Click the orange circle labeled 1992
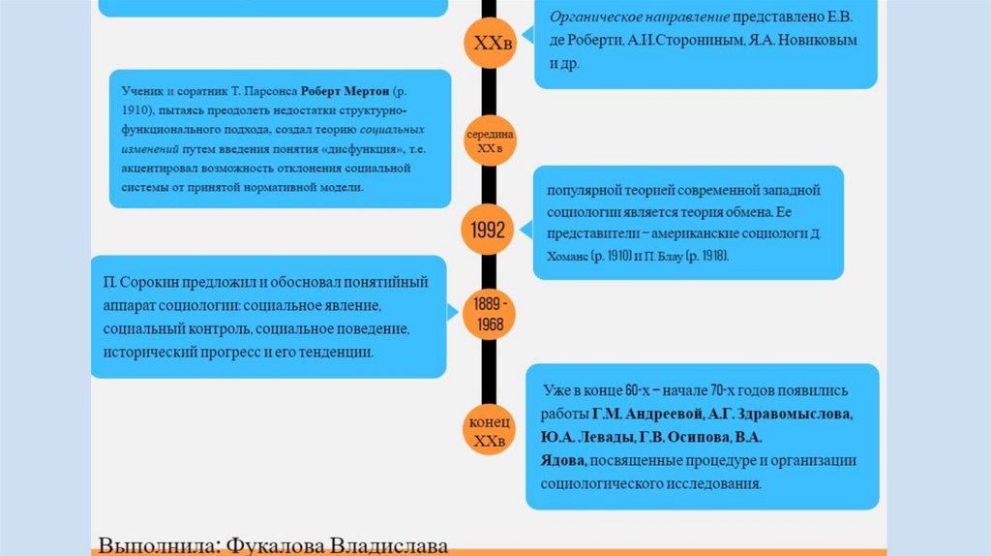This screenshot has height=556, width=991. (489, 230)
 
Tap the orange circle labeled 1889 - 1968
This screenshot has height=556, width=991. (489, 314)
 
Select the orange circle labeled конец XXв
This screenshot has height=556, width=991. (489, 433)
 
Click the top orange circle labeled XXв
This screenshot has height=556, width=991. (489, 44)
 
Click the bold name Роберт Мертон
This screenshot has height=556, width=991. (345, 91)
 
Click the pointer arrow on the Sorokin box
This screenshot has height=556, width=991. (453, 312)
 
